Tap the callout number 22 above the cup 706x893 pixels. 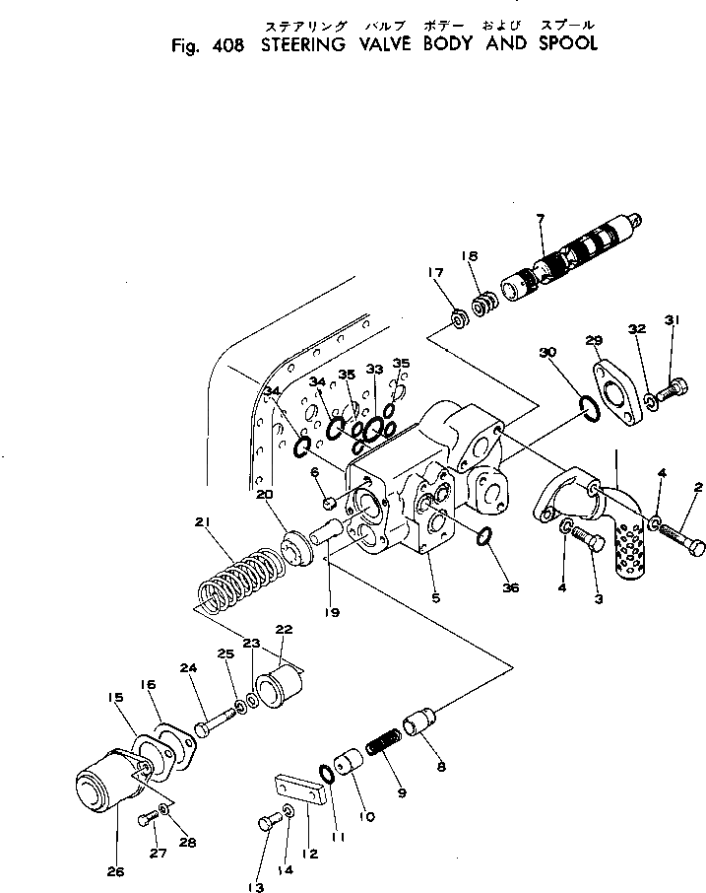[285, 630]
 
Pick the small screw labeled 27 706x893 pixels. [148, 816]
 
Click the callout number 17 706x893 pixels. [434, 273]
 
